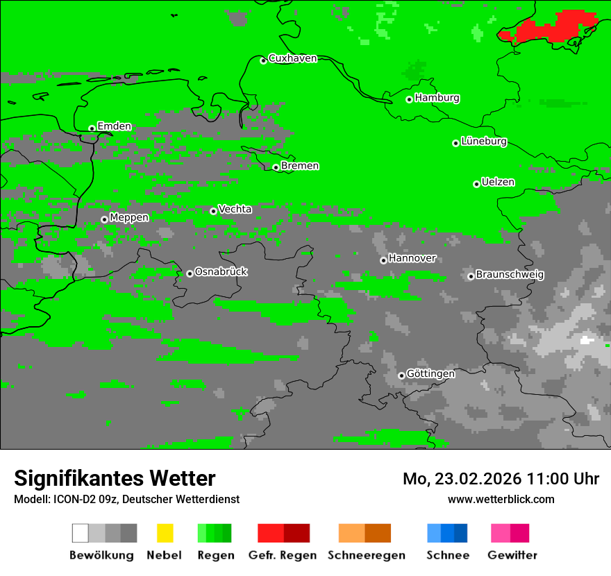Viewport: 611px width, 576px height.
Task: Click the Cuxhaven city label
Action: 292,58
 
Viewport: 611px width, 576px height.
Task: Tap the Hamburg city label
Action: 437,98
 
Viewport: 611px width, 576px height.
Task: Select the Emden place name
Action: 114,126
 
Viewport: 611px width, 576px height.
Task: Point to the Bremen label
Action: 300,166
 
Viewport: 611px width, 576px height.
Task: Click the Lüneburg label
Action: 483,142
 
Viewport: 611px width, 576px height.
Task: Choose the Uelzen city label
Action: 498,183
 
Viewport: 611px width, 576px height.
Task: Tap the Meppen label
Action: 129,218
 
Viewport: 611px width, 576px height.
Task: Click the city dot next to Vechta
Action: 213,211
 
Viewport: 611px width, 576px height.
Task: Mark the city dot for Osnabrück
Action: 190,273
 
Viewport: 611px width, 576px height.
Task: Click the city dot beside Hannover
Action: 383,260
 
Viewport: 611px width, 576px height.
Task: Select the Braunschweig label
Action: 510,275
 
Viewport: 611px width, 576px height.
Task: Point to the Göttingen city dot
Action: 401,375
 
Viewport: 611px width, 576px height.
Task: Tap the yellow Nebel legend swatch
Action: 165,533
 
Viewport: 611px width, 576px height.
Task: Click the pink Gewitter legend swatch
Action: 510,533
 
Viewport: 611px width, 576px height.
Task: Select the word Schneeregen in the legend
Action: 366,555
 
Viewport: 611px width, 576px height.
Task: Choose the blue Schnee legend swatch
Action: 447,533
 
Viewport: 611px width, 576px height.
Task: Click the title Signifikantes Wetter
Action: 115,478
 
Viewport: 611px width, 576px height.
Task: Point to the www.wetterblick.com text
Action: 501,499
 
